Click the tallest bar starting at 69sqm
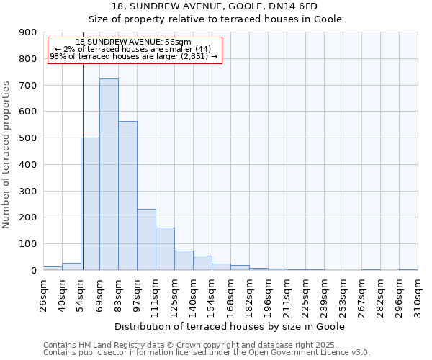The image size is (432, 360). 109,174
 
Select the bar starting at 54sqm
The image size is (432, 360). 90,204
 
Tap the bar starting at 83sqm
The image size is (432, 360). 127,195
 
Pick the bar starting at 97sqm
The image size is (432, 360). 146,239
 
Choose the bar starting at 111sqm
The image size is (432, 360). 165,248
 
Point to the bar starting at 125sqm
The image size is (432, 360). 184,260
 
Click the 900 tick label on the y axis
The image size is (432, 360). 29,32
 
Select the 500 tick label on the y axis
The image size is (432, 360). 29,138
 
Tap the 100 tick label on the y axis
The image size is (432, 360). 29,243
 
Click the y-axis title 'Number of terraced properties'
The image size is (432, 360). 7,154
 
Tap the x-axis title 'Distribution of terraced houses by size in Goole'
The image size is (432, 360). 230,326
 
